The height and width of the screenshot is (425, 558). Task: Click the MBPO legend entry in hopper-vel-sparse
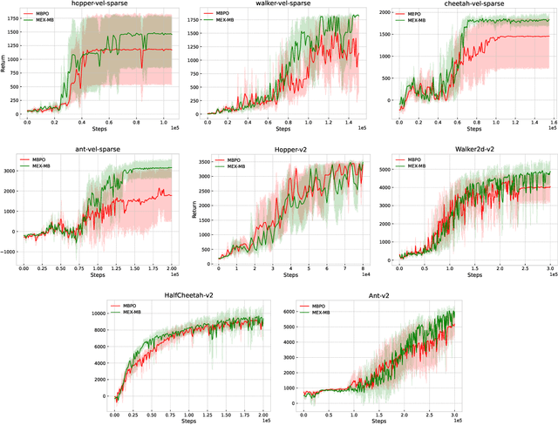point(41,15)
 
